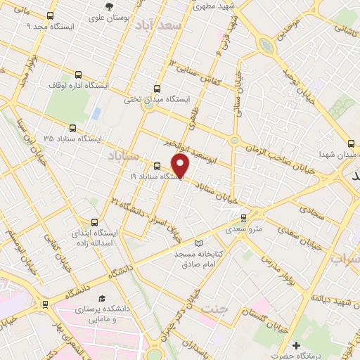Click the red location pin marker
tap(181, 166)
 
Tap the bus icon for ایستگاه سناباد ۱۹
tap(156, 167)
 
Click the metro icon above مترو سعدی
tap(244, 218)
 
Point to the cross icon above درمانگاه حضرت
tap(297, 346)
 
